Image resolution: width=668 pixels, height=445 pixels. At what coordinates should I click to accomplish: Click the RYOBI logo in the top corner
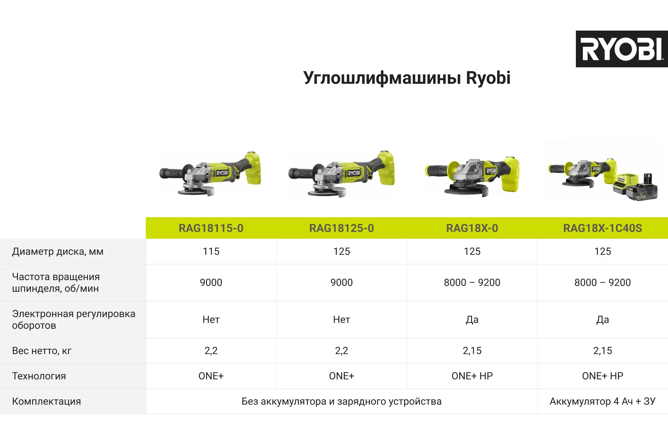click(622, 49)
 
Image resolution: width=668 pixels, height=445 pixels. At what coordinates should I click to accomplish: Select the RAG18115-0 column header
click(211, 228)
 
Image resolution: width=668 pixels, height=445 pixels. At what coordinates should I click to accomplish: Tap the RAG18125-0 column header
click(342, 228)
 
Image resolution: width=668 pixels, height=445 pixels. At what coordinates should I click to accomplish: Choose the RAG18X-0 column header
click(472, 228)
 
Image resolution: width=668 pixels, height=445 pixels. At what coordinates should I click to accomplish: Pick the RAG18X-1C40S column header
click(603, 228)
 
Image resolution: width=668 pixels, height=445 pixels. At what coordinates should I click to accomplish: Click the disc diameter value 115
click(211, 251)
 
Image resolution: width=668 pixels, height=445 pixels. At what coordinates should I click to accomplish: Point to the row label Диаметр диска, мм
click(58, 252)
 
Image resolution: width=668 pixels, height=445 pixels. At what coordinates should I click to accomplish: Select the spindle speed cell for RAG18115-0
click(211, 283)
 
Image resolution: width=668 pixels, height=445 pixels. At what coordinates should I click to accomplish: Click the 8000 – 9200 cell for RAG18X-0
click(472, 283)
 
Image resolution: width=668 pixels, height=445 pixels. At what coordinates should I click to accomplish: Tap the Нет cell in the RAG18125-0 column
click(342, 320)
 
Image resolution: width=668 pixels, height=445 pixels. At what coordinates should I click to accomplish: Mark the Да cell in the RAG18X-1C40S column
click(603, 320)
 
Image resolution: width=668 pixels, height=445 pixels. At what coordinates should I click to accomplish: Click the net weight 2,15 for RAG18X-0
click(472, 351)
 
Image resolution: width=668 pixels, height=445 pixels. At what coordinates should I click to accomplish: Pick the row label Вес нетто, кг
click(42, 351)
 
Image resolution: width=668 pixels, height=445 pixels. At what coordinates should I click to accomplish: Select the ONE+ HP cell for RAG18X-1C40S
click(603, 376)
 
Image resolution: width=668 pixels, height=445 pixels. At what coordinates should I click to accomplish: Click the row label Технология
click(39, 376)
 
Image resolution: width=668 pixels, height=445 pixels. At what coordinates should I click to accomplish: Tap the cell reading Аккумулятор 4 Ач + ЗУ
click(603, 401)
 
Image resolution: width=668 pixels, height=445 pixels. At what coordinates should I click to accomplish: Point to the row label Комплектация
click(46, 401)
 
